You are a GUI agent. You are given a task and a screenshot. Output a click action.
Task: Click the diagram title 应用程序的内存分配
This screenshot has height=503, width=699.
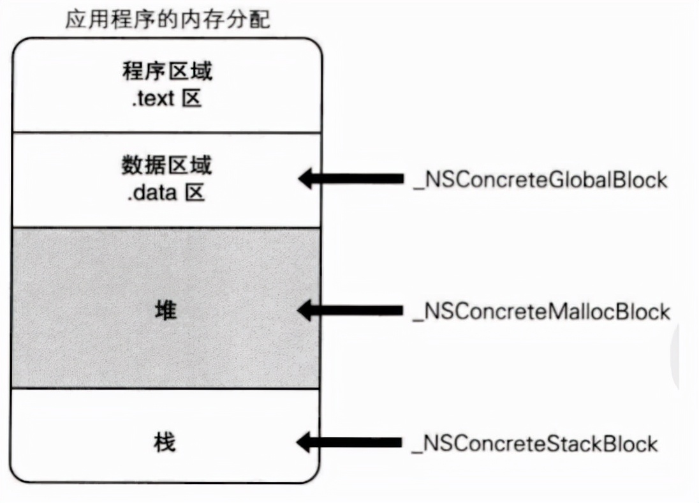[x=168, y=20]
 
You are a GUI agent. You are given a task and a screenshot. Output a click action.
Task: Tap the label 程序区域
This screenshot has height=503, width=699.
[x=167, y=71]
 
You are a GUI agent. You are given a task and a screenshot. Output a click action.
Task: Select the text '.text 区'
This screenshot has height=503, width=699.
[x=167, y=99]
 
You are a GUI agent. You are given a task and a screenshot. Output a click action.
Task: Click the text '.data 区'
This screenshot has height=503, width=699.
[x=166, y=193]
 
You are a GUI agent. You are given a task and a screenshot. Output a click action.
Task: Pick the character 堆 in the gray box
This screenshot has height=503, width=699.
[x=166, y=312]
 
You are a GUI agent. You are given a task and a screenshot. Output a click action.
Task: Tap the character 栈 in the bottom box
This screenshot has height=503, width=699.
[x=166, y=442]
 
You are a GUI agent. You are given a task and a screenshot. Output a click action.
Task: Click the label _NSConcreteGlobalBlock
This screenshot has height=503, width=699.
[x=540, y=180]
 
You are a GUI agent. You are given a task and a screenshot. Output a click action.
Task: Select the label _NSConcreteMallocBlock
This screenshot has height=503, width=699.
[x=541, y=312]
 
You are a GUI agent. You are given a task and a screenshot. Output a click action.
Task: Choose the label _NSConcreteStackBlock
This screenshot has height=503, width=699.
[x=534, y=443]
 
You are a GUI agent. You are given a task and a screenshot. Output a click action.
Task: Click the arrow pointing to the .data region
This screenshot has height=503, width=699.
[x=351, y=179]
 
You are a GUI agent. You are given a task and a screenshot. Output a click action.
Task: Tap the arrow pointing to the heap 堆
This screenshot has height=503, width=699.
[x=351, y=311]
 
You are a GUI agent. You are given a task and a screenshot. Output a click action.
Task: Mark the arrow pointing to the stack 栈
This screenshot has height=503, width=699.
[x=351, y=442]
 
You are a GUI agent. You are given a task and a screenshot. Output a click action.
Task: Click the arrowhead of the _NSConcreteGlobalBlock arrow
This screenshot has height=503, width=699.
[x=307, y=179]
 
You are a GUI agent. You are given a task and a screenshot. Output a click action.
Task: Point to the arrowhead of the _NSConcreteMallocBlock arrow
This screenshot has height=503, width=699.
[x=307, y=311]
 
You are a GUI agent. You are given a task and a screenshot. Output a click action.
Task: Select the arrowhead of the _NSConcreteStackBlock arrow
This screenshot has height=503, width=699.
[x=307, y=442]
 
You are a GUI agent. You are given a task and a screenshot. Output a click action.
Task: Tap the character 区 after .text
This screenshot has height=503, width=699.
[x=191, y=99]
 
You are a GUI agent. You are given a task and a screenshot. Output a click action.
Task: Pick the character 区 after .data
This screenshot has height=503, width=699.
[x=195, y=193]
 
